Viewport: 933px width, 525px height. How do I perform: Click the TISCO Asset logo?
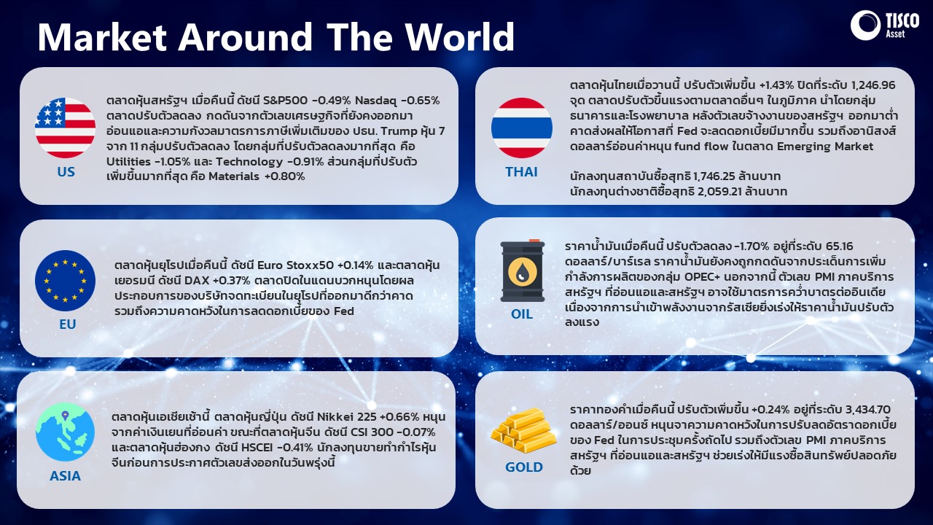pyautogui.click(x=885, y=26)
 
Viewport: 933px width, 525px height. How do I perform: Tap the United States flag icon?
pyautogui.click(x=65, y=128)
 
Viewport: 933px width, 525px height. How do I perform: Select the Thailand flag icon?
pyautogui.click(x=522, y=128)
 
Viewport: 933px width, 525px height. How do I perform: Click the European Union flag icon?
pyautogui.click(x=65, y=281)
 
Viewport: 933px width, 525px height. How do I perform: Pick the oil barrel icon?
pyautogui.click(x=523, y=271)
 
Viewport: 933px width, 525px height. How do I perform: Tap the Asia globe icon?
pyautogui.click(x=65, y=432)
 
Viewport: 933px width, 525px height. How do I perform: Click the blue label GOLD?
pyautogui.click(x=524, y=467)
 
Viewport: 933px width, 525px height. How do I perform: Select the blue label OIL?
pyautogui.click(x=522, y=314)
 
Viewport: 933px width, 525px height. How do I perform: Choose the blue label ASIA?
pyautogui.click(x=65, y=476)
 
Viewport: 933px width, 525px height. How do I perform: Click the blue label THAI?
pyautogui.click(x=521, y=171)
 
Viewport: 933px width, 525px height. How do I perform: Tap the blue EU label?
pyautogui.click(x=68, y=324)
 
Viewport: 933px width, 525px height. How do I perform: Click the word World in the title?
pyautogui.click(x=460, y=36)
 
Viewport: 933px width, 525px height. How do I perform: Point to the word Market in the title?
pyautogui.click(x=103, y=36)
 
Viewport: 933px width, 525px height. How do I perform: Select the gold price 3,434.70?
pyautogui.click(x=868, y=410)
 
